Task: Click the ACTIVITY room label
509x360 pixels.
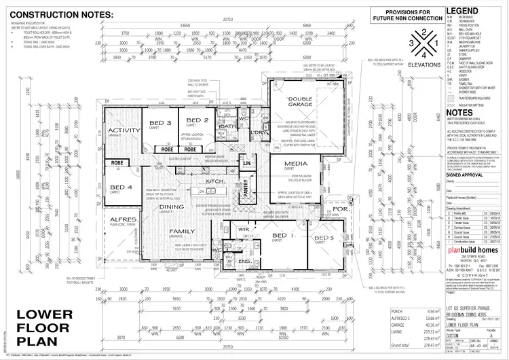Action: coord(124,131)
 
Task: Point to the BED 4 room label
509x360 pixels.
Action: coord(121,187)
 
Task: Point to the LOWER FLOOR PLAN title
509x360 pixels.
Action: coord(44,326)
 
